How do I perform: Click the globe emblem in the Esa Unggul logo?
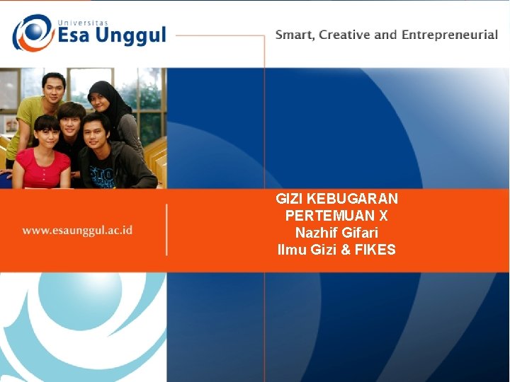pos(32,33)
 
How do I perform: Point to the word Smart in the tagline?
pos(295,35)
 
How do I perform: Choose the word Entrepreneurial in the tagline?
pos(450,35)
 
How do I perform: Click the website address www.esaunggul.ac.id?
pos(77,230)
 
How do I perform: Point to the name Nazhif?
pos(317,233)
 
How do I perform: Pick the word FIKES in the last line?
pos(375,250)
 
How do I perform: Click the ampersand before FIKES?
pos(346,250)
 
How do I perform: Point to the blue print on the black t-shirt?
pos(103,173)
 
